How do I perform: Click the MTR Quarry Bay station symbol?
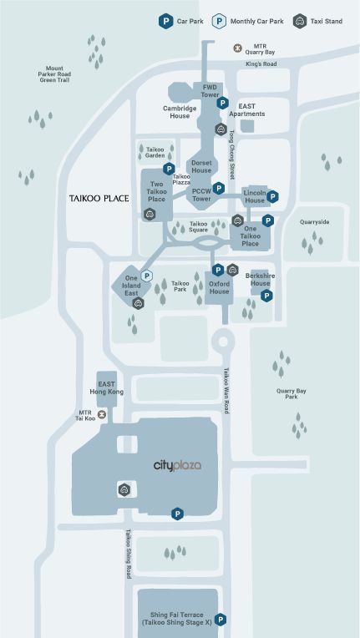click(237, 48)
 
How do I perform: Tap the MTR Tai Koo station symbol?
click(102, 415)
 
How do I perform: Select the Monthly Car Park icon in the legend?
click(219, 21)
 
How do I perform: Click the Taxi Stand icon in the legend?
click(300, 21)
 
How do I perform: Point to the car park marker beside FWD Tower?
click(222, 103)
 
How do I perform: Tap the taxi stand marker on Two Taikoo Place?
click(150, 214)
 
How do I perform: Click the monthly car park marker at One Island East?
click(146, 276)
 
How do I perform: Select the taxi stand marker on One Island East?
click(139, 303)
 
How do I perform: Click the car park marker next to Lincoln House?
click(272, 197)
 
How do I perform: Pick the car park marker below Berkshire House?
click(266, 296)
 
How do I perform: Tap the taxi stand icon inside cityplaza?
click(124, 489)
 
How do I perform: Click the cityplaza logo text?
click(177, 465)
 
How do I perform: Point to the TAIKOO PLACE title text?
click(99, 199)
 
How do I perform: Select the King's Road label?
click(261, 63)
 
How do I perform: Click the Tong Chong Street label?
click(232, 154)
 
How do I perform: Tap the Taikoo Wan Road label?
click(226, 391)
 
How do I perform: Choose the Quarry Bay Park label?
click(292, 394)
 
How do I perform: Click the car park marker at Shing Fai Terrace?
click(221, 620)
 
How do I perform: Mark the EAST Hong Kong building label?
click(107, 387)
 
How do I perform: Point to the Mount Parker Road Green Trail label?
click(55, 74)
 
